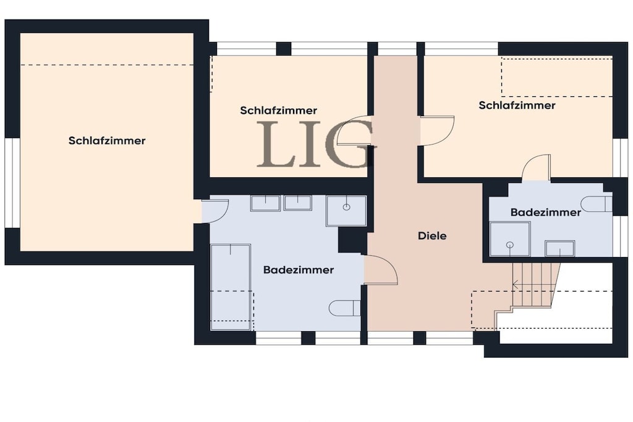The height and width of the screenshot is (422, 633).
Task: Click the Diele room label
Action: click(x=432, y=236)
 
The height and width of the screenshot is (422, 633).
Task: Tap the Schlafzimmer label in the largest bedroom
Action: click(x=107, y=141)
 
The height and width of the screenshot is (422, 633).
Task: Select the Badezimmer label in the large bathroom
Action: click(x=299, y=270)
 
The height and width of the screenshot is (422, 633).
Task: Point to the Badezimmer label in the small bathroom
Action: click(x=545, y=212)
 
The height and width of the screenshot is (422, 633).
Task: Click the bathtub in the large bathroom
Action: click(x=231, y=287)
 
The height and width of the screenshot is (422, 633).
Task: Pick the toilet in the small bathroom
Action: click(x=598, y=204)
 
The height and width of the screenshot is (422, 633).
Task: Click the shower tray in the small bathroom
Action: click(x=510, y=238)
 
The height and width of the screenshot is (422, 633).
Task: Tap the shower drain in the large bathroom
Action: click(x=346, y=208)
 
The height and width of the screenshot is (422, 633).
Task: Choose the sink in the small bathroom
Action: click(x=559, y=248)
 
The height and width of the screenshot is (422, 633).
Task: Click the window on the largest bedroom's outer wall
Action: click(x=12, y=183)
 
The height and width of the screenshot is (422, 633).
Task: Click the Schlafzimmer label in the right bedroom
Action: click(x=517, y=105)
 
